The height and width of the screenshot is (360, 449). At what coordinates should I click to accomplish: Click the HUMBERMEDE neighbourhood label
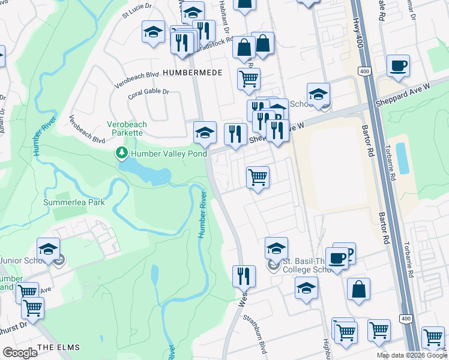[x=193, y=72]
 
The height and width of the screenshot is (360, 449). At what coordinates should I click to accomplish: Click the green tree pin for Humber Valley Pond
[x=122, y=154]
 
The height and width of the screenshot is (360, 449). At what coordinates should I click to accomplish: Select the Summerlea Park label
[x=74, y=202]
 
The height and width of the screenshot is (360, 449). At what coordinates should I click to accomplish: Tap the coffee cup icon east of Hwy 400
[x=397, y=66]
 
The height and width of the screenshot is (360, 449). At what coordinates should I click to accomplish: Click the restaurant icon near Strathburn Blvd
[x=244, y=275]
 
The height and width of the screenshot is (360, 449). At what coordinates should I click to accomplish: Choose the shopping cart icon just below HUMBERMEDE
[x=249, y=78]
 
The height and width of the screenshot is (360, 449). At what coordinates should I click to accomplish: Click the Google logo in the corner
[x=20, y=353]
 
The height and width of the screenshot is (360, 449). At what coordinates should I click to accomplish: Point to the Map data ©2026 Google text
[x=412, y=355]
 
